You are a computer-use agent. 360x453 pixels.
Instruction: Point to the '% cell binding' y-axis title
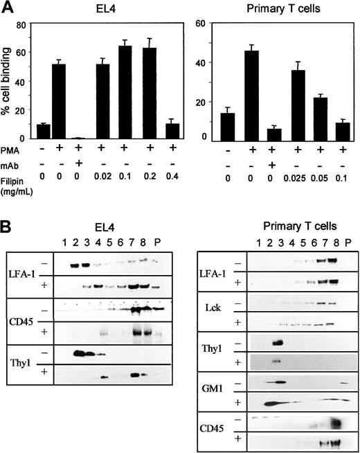(x=10, y=83)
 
